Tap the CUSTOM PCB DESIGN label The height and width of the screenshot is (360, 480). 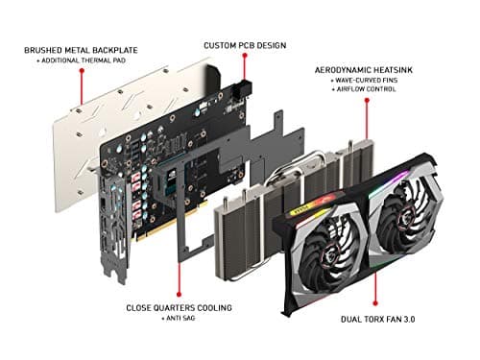coord(244,44)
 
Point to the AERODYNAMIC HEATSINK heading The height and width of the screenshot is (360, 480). coord(371,70)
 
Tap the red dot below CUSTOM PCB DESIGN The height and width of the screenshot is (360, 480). coord(244,80)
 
